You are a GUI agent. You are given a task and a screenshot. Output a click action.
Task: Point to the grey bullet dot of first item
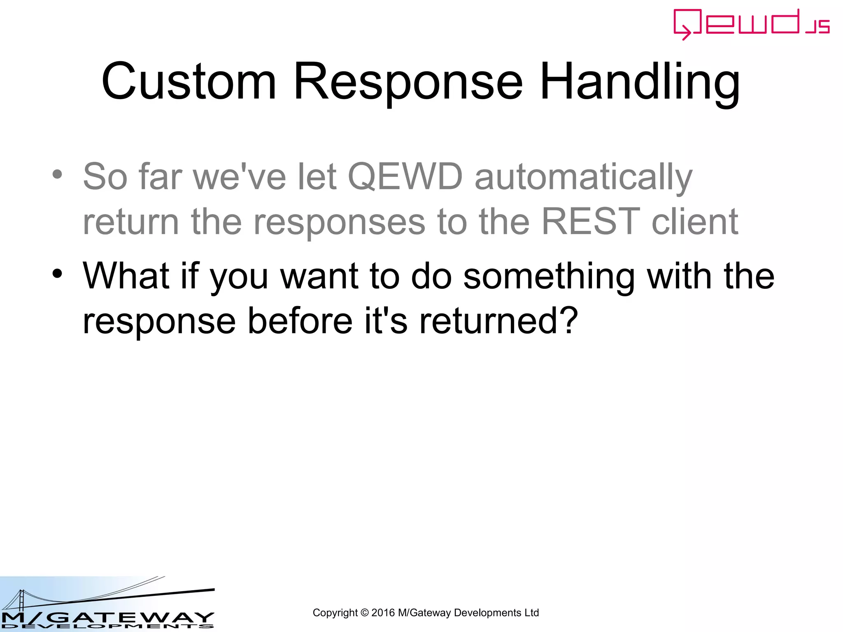tap(57, 174)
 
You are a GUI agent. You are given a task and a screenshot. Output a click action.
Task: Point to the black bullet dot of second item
tap(57, 273)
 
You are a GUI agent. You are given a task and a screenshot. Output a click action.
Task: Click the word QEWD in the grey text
tap(405, 177)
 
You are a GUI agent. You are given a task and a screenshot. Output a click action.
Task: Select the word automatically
tap(583, 177)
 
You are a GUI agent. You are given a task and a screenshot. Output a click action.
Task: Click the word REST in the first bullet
tap(590, 222)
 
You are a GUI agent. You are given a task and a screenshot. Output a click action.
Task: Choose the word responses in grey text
tap(339, 222)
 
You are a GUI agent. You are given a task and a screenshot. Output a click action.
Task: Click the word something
tap(549, 276)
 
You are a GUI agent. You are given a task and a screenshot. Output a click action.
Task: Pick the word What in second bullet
tap(126, 276)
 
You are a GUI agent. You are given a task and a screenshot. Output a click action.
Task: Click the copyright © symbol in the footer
tap(364, 613)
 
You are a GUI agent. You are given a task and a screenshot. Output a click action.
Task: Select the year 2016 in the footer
tap(383, 613)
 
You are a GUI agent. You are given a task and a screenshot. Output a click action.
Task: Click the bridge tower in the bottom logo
tap(21, 601)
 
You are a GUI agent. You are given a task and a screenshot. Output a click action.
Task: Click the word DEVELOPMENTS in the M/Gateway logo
tap(107, 626)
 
